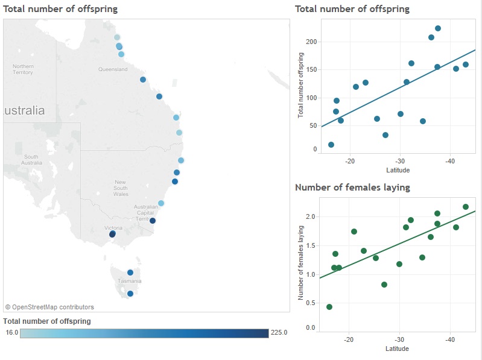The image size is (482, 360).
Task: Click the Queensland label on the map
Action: [113, 69]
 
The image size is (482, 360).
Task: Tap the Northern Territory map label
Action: [23, 69]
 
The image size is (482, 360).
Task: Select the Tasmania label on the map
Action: [130, 281]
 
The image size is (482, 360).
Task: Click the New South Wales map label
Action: [121, 188]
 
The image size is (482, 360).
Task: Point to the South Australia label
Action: [31, 160]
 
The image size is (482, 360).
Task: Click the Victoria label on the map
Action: [113, 228]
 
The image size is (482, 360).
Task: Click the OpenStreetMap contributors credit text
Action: [49, 307]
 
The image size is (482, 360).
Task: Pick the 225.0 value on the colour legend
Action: [279, 332]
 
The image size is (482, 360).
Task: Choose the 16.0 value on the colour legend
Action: [12, 332]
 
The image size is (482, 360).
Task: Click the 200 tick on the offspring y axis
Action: [311, 42]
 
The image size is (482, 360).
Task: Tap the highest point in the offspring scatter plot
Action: [438, 28]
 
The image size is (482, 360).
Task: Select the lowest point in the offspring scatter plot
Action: [331, 145]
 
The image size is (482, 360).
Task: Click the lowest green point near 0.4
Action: [329, 307]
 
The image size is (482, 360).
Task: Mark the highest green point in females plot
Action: [466, 207]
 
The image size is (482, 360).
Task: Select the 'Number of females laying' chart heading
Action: [352, 188]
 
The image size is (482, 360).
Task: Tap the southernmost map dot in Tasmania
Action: [130, 294]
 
